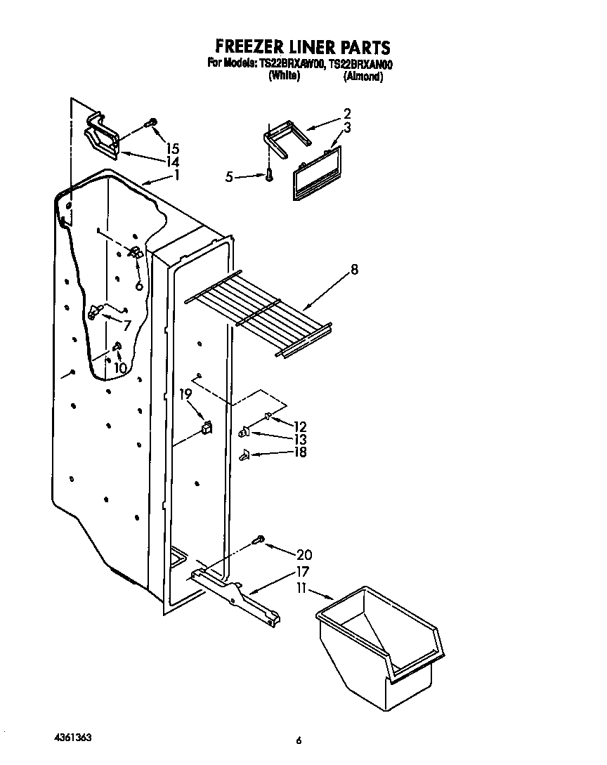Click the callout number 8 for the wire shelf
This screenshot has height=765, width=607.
click(x=355, y=269)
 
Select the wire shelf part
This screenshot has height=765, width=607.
click(x=260, y=313)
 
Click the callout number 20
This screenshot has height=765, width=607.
click(x=304, y=554)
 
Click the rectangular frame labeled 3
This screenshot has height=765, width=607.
click(x=316, y=174)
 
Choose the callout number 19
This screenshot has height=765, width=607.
click(x=185, y=395)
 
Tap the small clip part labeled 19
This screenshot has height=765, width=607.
click(x=206, y=426)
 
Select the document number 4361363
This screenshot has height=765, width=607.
click(x=72, y=738)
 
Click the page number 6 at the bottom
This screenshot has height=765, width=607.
click(x=299, y=740)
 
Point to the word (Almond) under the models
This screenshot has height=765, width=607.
click(x=363, y=77)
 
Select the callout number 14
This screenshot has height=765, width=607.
click(x=172, y=162)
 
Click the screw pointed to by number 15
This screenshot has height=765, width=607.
click(x=149, y=124)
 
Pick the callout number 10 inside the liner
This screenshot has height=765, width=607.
click(x=120, y=367)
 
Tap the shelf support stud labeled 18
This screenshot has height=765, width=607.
click(x=244, y=455)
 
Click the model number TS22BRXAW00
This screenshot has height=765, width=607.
click(x=292, y=63)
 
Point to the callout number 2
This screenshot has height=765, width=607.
click(x=347, y=113)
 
